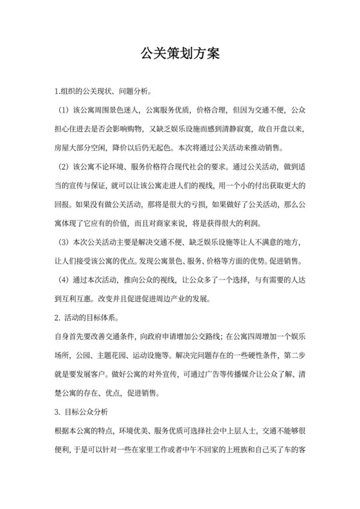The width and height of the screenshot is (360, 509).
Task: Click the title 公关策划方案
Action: click(x=180, y=54)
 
